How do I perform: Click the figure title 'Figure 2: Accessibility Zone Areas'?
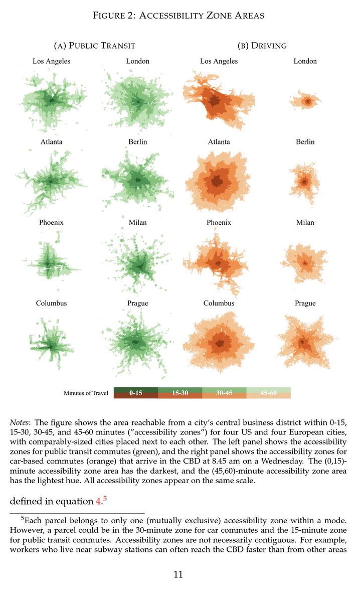[x=179, y=16]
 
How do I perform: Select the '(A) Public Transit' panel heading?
[x=94, y=46]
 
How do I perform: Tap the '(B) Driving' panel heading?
[x=262, y=46]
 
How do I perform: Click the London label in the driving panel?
[x=305, y=61]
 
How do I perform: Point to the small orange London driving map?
[x=306, y=101]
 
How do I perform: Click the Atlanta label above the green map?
[x=52, y=142]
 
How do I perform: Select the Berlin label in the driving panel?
[x=305, y=142]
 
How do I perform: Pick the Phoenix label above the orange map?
[x=219, y=222]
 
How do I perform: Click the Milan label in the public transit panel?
[x=137, y=222]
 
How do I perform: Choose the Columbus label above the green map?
[x=51, y=303]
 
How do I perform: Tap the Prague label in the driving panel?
[x=305, y=303]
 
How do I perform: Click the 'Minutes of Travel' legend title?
[x=85, y=393]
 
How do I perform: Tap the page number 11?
[x=178, y=574]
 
